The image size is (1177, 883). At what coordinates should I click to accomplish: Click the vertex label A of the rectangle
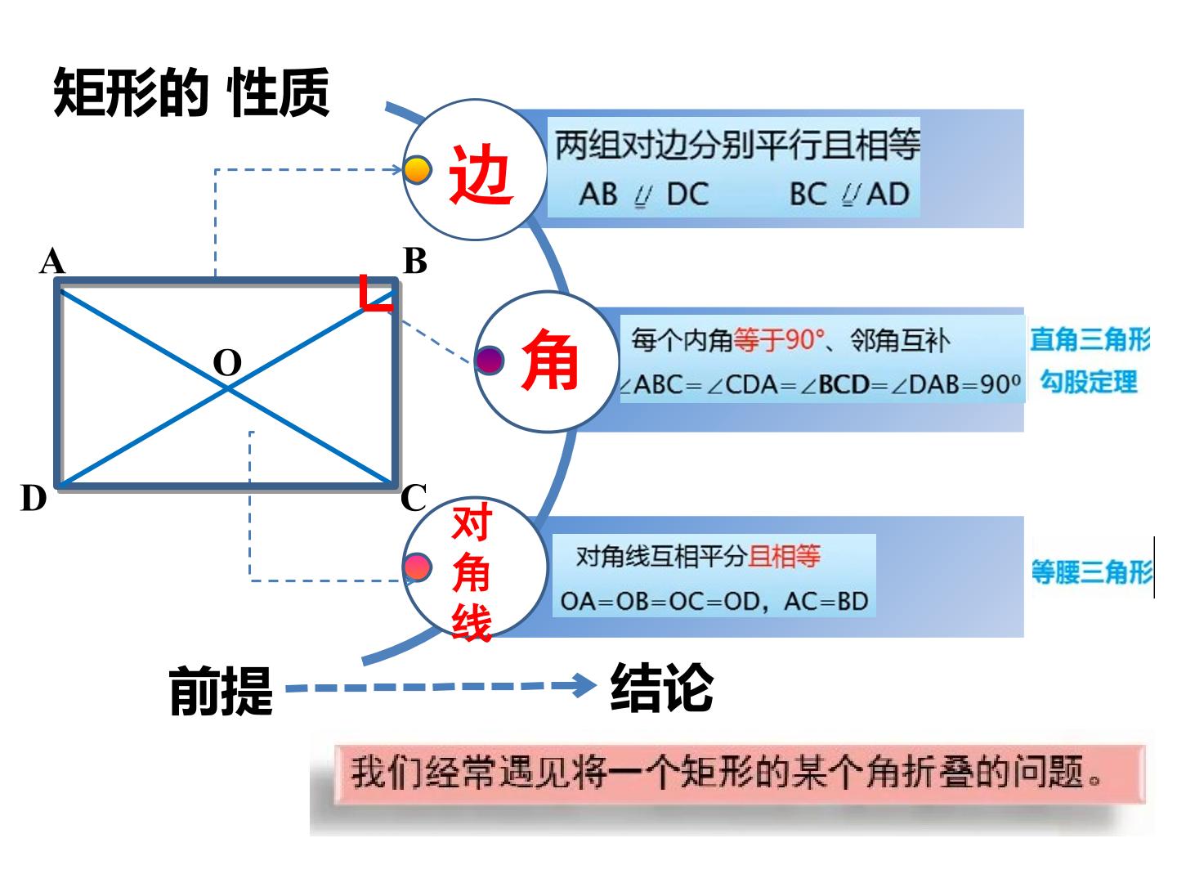(52, 261)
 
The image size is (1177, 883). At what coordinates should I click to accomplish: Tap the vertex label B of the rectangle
(414, 261)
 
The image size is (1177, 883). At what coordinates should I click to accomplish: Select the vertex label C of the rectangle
(414, 498)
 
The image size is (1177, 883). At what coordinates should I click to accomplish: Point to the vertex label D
(34, 498)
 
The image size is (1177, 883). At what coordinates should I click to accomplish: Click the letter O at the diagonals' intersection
(227, 362)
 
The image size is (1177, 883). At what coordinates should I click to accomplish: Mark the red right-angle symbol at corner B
(375, 293)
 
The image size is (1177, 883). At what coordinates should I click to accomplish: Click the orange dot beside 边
(417, 170)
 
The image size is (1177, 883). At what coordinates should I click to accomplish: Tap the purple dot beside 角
(489, 361)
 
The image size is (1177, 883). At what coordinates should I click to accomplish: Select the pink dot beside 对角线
(417, 567)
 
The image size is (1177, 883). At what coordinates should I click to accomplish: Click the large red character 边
(480, 174)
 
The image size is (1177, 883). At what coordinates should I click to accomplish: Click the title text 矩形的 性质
(191, 92)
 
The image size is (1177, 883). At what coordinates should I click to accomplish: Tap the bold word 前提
(221, 691)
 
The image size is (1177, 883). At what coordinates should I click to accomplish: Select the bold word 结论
(663, 688)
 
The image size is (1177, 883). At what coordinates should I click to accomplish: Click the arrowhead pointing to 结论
(584, 685)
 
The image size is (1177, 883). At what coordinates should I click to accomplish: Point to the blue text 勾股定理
(1089, 382)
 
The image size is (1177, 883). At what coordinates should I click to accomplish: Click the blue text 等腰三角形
(1092, 571)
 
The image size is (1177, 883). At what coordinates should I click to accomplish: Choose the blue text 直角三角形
(1090, 339)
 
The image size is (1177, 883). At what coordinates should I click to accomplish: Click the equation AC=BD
(826, 602)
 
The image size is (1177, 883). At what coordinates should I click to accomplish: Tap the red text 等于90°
(779, 340)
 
